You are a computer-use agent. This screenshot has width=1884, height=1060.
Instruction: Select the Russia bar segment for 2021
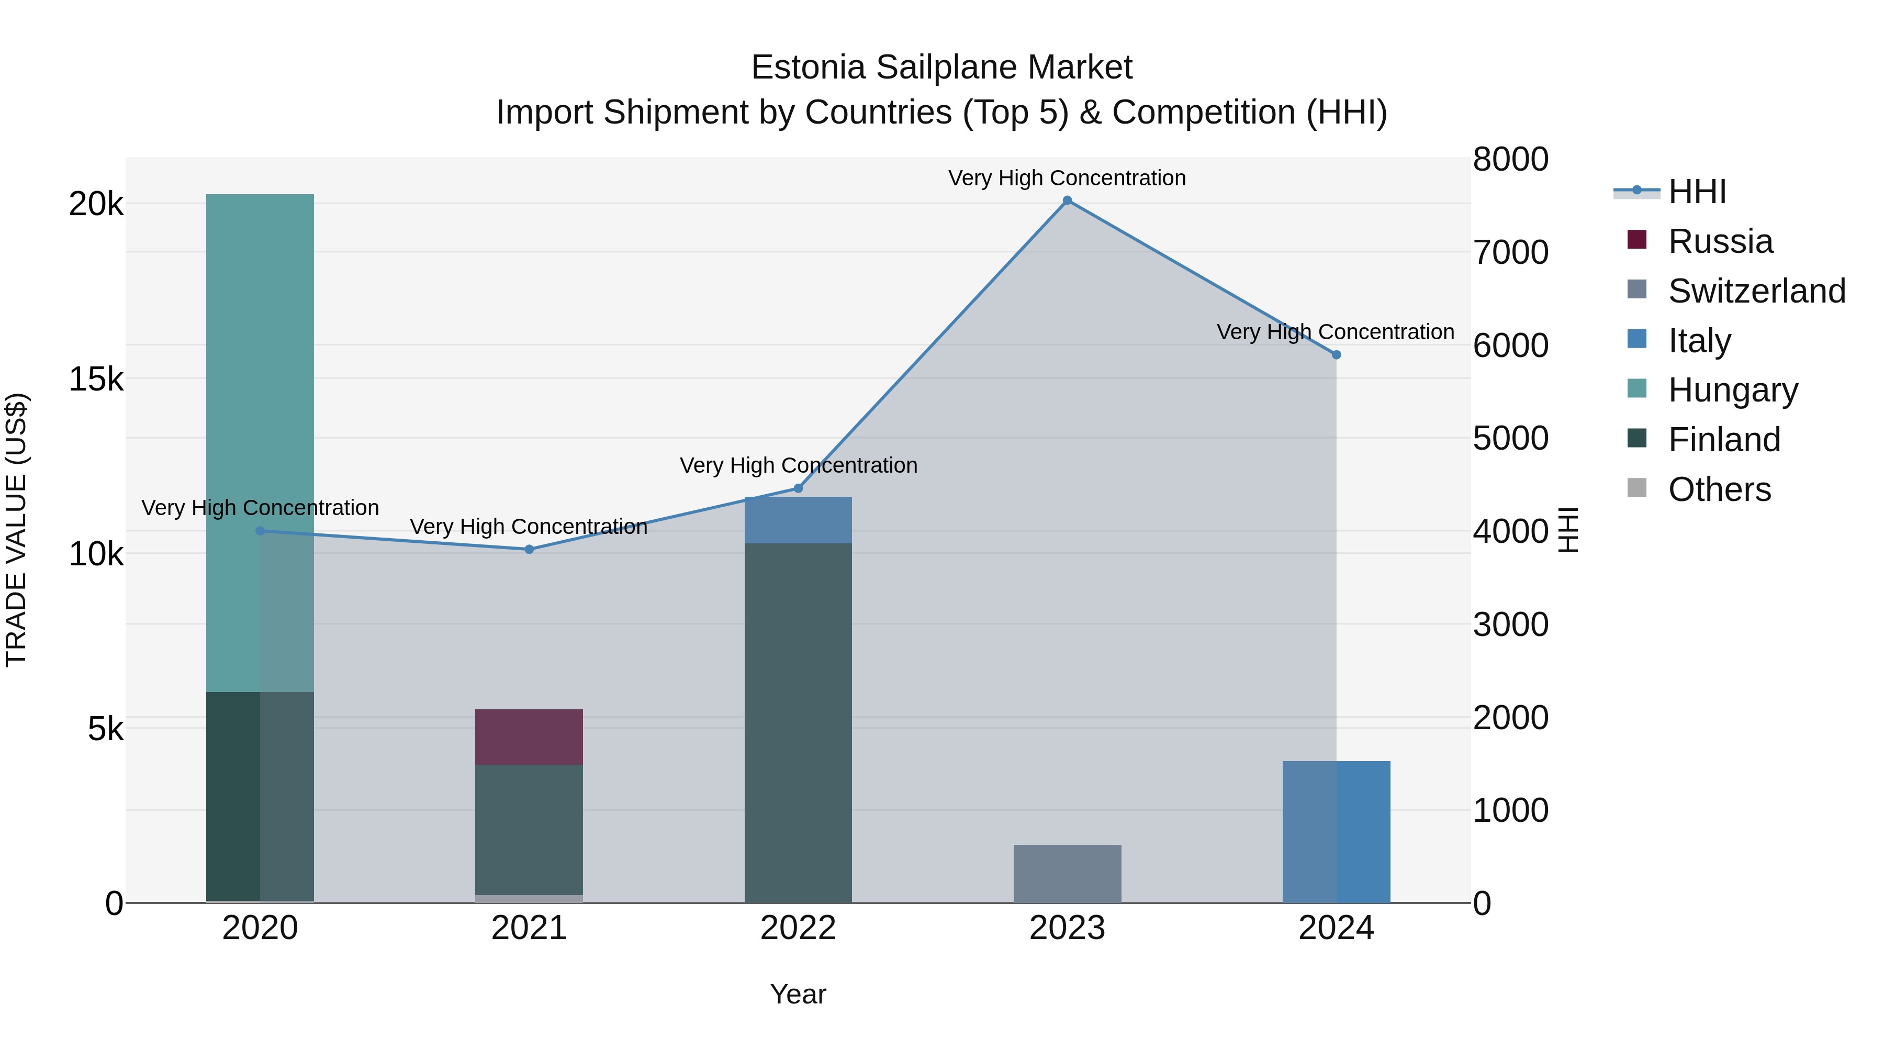point(529,737)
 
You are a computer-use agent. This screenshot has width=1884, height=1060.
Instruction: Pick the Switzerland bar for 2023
point(1067,874)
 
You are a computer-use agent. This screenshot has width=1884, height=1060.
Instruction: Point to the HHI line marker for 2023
point(1067,200)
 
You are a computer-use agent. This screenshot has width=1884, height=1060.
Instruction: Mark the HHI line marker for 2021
point(529,550)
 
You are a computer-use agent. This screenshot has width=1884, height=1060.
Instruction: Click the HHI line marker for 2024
point(1336,355)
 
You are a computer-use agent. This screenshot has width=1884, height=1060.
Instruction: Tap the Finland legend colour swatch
point(1637,439)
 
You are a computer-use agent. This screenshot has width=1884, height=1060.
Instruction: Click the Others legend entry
point(1719,489)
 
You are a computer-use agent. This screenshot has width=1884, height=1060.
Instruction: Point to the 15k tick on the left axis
point(96,379)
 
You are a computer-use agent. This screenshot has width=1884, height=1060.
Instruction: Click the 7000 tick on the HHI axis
point(1510,252)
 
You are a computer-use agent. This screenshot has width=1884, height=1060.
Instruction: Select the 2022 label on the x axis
point(798,928)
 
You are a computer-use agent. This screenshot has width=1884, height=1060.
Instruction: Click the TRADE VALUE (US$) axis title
point(16,530)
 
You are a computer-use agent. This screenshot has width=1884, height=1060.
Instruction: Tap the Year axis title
point(798,994)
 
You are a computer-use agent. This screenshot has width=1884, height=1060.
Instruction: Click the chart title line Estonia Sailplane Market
point(941,68)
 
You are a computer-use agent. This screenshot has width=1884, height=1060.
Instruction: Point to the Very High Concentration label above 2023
point(1067,178)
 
